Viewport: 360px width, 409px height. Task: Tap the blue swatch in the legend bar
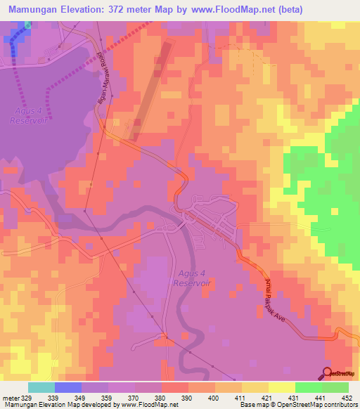pyautogui.click(x=68, y=387)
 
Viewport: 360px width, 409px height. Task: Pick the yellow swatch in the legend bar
pyautogui.click(x=281, y=387)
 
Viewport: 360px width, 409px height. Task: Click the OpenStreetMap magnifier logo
pyautogui.click(x=328, y=373)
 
